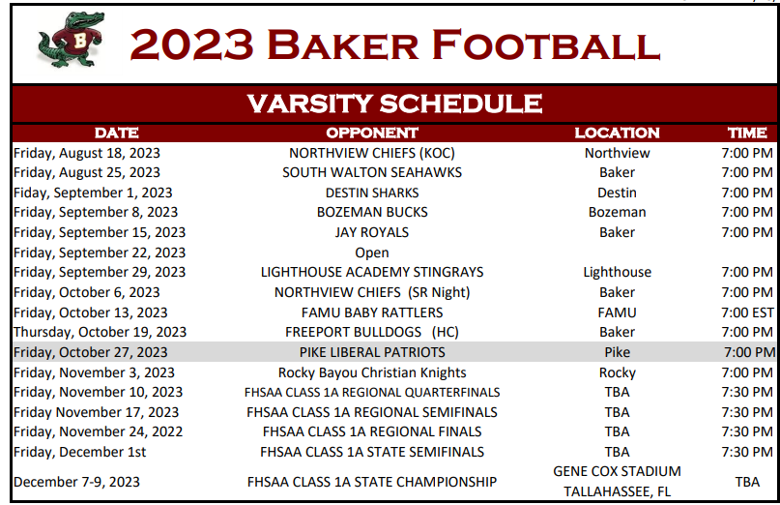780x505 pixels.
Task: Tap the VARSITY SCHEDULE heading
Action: point(394,104)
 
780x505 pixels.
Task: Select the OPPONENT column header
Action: point(372,133)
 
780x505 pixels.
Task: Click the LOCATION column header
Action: point(617,133)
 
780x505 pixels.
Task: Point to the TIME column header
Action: point(747,133)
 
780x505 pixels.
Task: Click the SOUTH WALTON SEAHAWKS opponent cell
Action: point(372,172)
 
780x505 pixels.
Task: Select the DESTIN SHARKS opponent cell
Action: point(372,193)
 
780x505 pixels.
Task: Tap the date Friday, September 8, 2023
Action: point(95,212)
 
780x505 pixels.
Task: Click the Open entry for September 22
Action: point(372,252)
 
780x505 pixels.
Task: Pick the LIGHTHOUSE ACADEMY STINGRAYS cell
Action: point(372,272)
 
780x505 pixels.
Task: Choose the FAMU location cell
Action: point(617,312)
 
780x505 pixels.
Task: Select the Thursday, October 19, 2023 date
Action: point(100,332)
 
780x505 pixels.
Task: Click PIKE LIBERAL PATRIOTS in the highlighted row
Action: point(372,352)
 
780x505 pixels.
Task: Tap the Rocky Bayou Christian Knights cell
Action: point(372,372)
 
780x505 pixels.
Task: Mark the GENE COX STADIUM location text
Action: point(617,471)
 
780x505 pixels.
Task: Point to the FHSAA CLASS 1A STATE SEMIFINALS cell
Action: point(372,452)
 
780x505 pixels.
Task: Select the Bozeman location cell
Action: point(617,212)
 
